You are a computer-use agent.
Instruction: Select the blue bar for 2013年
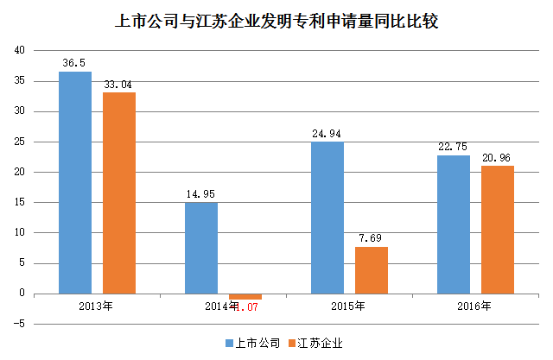point(75,182)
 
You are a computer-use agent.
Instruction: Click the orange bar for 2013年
point(119,193)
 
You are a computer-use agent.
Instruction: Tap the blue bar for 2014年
point(201,248)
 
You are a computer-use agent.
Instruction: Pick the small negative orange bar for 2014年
point(245,296)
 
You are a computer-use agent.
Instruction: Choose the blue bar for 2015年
point(327,218)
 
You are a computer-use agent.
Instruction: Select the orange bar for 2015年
point(372,270)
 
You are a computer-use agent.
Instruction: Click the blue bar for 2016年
point(454,224)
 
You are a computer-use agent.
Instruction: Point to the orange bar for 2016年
point(498,230)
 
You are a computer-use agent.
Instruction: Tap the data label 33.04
point(119,85)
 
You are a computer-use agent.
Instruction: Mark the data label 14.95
point(201,194)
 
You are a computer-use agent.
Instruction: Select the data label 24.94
point(327,134)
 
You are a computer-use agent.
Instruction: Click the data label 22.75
point(454,147)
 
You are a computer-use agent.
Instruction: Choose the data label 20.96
point(498,158)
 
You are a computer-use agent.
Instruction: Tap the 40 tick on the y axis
point(19,51)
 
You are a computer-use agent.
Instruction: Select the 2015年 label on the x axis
point(346,306)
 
